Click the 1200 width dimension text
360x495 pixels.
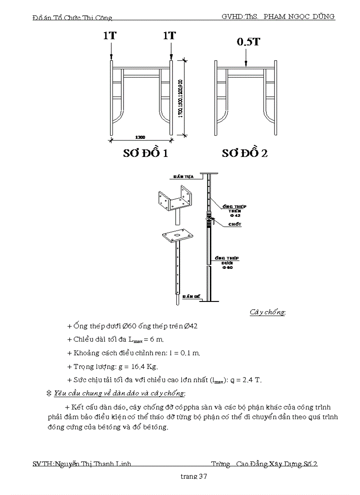(141, 137)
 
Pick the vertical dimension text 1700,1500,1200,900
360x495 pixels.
(181, 98)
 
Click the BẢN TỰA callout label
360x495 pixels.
(181, 176)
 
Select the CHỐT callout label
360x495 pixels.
(235, 224)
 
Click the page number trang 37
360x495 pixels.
(194, 476)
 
